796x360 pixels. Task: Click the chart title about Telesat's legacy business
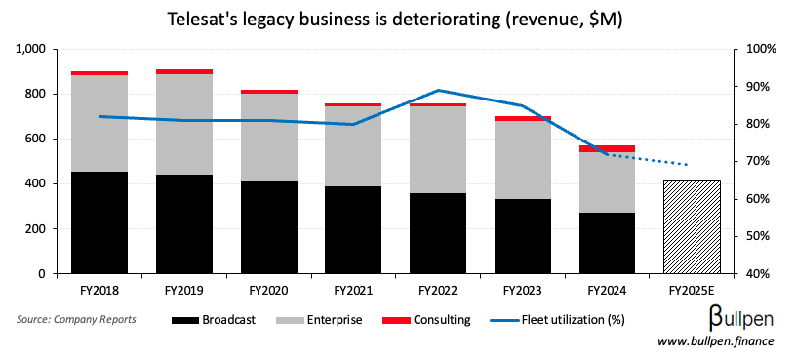click(398, 17)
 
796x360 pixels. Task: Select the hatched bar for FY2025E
click(691, 226)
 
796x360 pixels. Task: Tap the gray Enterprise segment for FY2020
click(268, 138)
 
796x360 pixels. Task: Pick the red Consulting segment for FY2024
click(607, 148)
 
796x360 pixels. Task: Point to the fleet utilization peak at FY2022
click(438, 90)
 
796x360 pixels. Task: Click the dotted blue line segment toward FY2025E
click(663, 160)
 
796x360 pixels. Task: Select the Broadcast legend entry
click(216, 319)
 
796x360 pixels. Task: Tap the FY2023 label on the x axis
click(522, 290)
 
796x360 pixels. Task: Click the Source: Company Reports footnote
click(76, 319)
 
